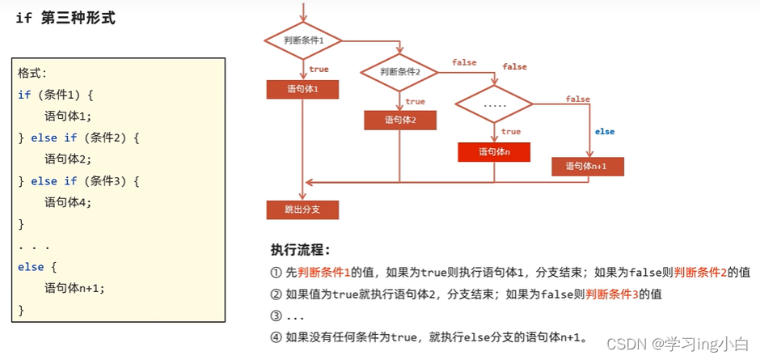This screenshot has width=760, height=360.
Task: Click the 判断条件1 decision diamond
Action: (x=304, y=40)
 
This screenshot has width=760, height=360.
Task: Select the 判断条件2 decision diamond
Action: (x=399, y=71)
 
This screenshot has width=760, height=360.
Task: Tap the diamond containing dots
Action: (x=493, y=104)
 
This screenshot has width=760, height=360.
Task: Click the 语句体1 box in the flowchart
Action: (x=302, y=89)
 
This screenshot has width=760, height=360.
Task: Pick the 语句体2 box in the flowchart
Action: (x=399, y=120)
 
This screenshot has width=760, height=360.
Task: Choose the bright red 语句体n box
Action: (x=493, y=151)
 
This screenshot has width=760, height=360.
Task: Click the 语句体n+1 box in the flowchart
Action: (x=588, y=166)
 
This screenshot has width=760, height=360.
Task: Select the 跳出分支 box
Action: (x=302, y=210)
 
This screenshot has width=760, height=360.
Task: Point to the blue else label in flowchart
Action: (x=604, y=132)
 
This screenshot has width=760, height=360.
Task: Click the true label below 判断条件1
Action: (x=319, y=70)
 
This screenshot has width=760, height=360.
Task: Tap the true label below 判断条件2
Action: (x=415, y=102)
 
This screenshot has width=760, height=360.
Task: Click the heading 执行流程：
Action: (x=301, y=249)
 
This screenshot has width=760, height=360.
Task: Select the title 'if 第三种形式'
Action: (x=65, y=18)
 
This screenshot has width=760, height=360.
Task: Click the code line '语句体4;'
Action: (x=68, y=202)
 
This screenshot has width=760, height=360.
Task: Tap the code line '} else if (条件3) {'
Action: (x=79, y=180)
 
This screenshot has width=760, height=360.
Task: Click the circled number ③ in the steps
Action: (x=276, y=316)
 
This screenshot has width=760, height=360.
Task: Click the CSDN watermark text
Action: (x=627, y=343)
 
